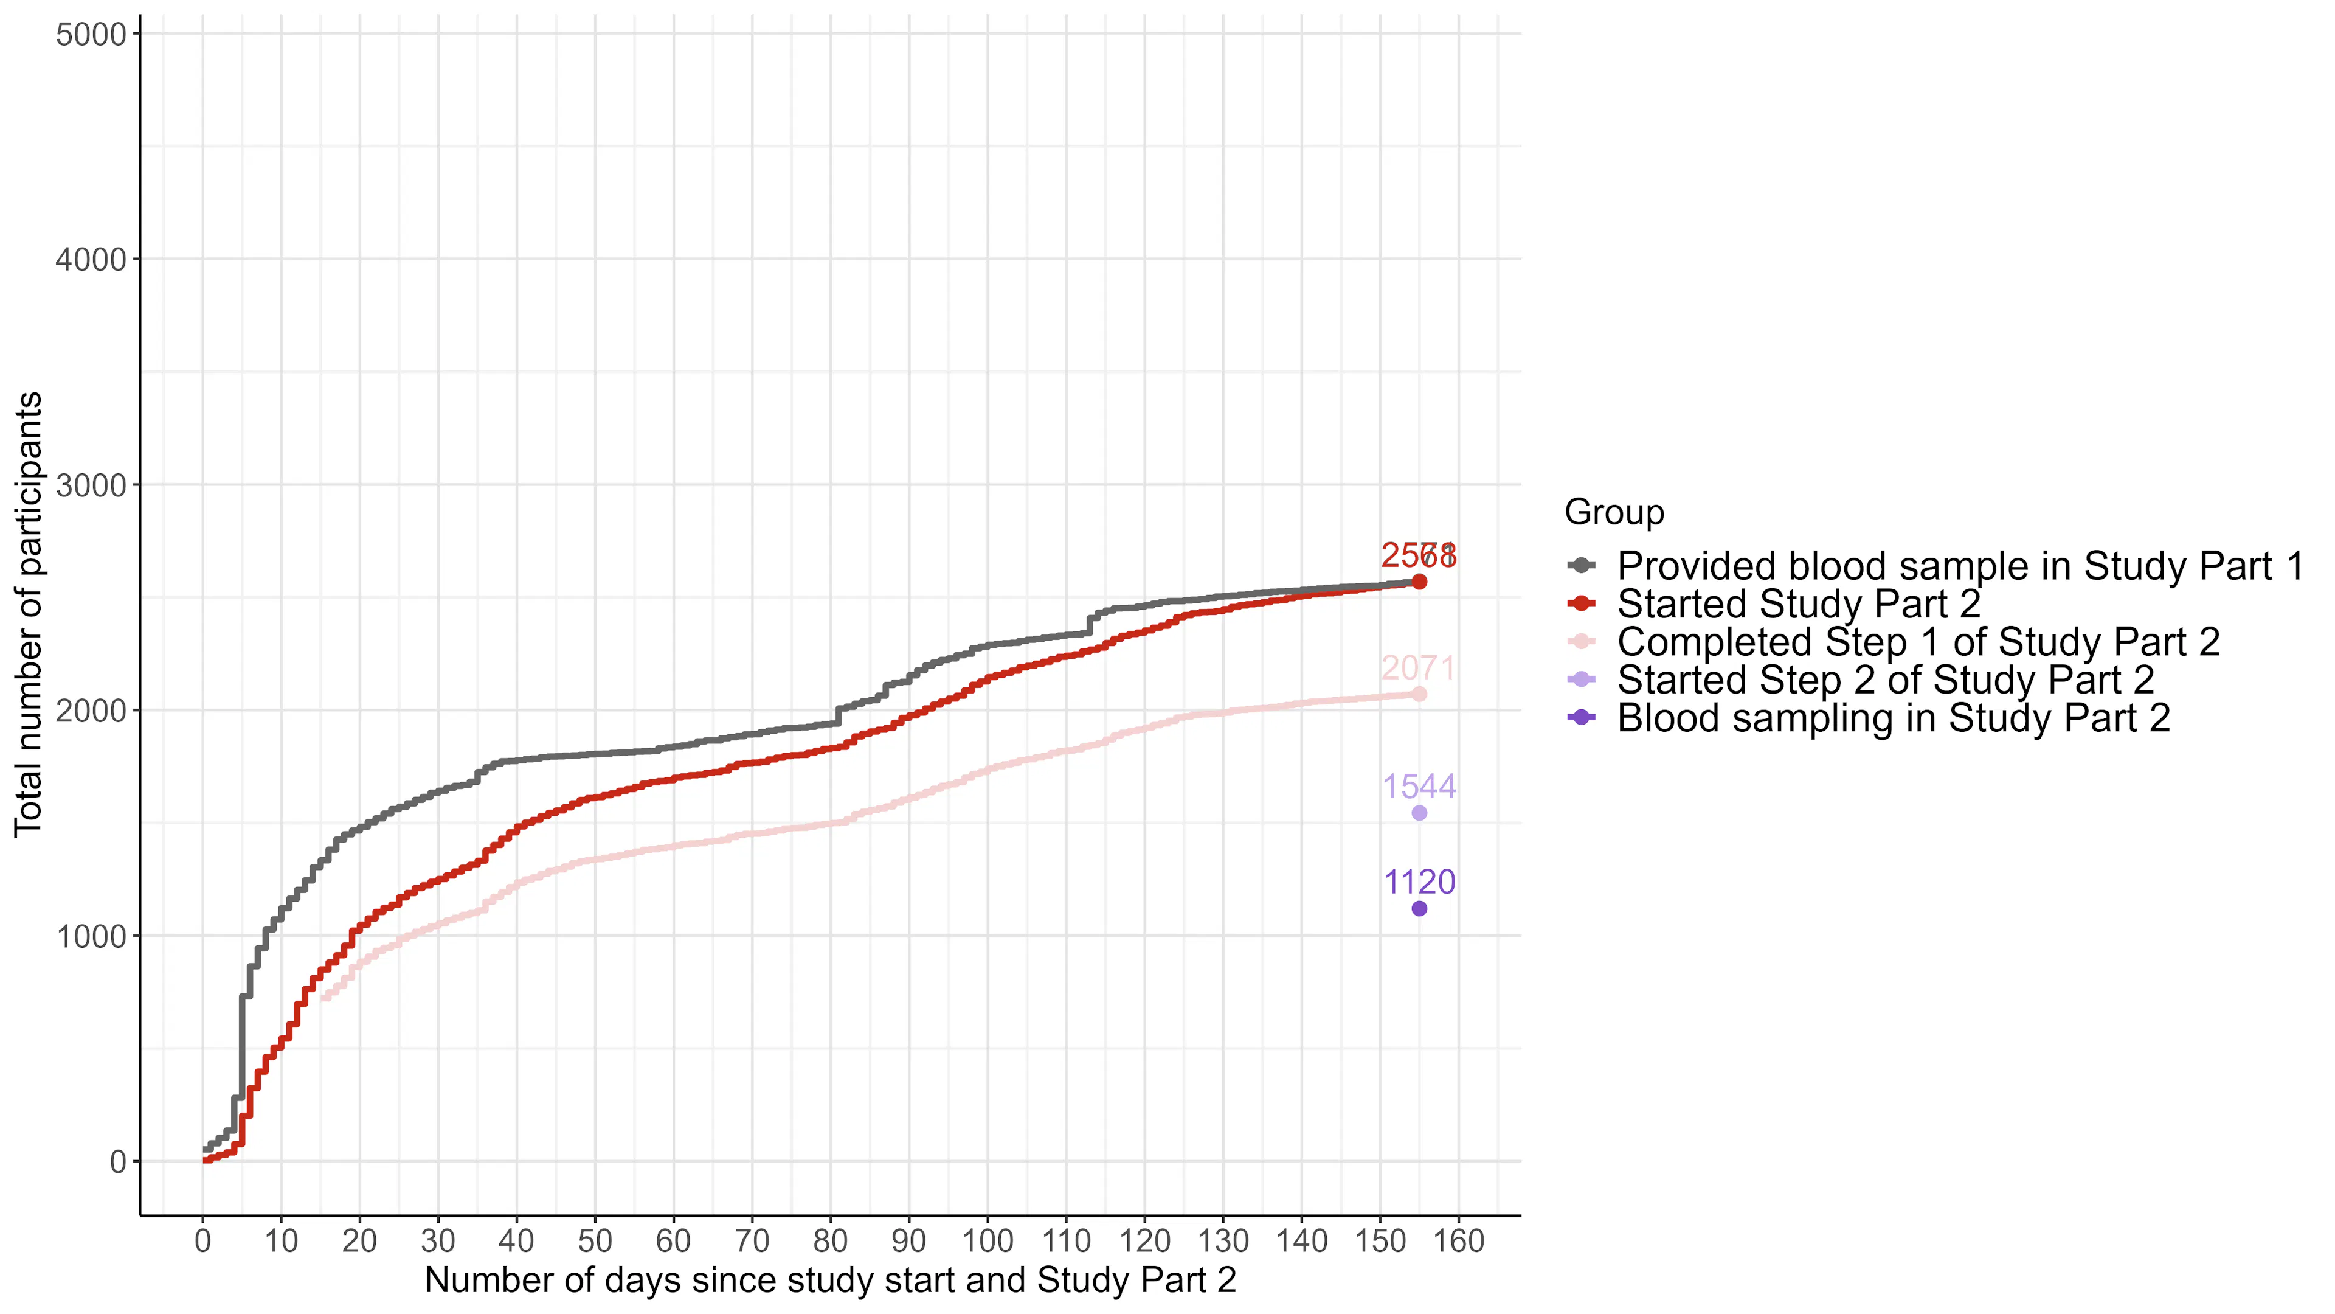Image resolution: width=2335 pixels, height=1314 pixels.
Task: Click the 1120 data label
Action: [1419, 881]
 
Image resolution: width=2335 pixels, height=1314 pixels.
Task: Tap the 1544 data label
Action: [1419, 786]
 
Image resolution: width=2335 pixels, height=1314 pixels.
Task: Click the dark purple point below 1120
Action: [1419, 909]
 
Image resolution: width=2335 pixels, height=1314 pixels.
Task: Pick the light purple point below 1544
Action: [1419, 813]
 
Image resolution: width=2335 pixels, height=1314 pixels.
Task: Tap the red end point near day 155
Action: [1419, 582]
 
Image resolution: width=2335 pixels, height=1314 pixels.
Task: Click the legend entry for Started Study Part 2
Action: [1799, 604]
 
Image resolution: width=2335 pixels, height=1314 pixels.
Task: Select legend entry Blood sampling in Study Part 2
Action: [1893, 718]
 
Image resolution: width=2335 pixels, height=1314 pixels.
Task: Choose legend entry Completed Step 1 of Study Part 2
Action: [1918, 642]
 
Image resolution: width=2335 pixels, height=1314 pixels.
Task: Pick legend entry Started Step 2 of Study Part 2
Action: [1886, 680]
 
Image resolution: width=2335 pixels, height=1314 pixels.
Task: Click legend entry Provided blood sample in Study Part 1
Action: [1960, 566]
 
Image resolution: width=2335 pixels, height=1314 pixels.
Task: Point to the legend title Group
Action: [1614, 512]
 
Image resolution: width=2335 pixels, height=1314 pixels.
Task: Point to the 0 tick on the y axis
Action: [118, 1162]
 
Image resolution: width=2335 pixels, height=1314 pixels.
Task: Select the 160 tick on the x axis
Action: [1459, 1240]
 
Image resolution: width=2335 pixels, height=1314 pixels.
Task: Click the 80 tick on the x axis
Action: [830, 1240]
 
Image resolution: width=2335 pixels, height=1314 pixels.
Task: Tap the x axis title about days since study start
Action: [830, 1281]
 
